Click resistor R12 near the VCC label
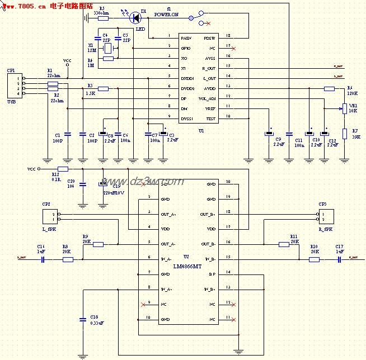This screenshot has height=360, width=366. (x=63, y=168)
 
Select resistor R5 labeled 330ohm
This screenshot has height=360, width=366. (x=103, y=18)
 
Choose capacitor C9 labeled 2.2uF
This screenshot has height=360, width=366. (x=269, y=134)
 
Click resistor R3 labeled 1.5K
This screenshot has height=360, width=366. (x=103, y=88)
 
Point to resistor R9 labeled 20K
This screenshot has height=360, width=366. (x=98, y=244)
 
